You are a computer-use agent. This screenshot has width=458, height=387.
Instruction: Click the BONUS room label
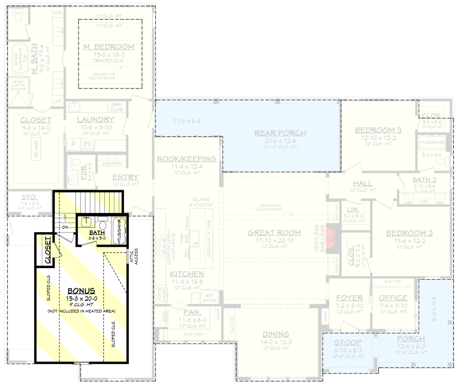81,291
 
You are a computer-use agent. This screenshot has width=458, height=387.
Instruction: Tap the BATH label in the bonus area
96,233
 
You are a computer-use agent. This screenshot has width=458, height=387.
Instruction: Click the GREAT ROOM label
274,233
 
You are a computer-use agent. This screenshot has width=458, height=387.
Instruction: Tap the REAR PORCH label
281,133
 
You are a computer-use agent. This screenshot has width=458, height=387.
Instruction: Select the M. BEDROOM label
109,47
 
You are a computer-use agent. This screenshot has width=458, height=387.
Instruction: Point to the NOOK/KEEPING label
187,159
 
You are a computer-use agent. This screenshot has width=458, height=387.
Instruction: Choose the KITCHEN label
187,274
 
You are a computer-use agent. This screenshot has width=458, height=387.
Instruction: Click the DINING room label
276,334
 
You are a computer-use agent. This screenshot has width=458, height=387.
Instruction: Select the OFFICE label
393,298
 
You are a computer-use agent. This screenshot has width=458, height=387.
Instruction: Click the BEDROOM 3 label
378,130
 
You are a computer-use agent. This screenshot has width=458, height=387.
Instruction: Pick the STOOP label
347,342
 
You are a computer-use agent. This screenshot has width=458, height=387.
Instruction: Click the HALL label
363,183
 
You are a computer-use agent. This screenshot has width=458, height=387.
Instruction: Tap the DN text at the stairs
65,227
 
